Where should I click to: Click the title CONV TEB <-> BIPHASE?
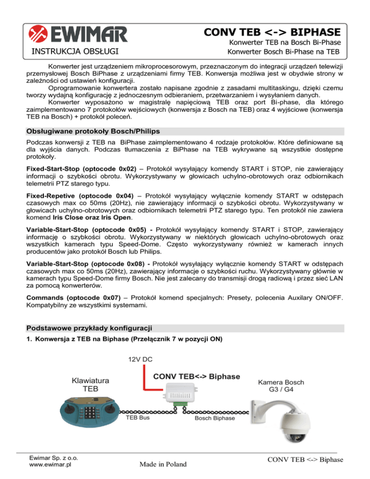tap(272, 32)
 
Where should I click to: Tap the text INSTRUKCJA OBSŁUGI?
tap(75, 51)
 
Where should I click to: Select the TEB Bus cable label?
tap(138, 418)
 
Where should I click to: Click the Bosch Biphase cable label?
tap(215, 418)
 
